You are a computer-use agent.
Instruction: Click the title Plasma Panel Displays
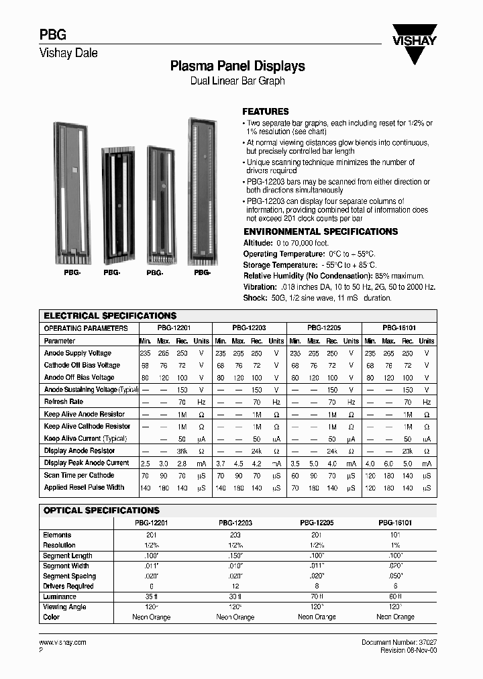237,66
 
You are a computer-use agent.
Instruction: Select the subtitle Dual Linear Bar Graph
237,81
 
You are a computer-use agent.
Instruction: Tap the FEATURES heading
265,111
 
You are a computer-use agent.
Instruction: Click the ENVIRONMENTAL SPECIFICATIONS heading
320,231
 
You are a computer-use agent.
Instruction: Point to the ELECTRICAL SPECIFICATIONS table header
110,315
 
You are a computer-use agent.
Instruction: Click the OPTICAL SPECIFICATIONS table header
101,511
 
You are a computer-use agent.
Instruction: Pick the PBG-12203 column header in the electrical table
249,329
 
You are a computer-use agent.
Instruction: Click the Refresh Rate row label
64,402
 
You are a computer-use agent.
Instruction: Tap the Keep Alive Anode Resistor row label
84,414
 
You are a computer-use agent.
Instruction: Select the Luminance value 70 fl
317,596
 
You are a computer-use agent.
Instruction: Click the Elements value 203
237,535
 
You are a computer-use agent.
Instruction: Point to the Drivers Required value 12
237,586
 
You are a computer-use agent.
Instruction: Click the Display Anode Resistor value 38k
182,451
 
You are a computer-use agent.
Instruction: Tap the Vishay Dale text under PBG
69,53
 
